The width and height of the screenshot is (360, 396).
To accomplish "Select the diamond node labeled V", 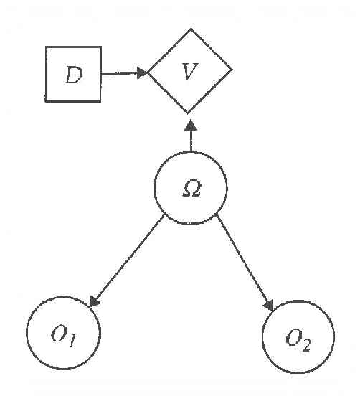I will (190, 70).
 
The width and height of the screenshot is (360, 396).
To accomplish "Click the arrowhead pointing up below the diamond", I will (190, 125).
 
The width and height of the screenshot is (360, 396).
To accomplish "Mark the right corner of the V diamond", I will (232, 70).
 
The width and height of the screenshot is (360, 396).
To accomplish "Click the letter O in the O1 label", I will (59, 334).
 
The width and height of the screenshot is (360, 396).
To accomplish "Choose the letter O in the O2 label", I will (293, 336).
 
